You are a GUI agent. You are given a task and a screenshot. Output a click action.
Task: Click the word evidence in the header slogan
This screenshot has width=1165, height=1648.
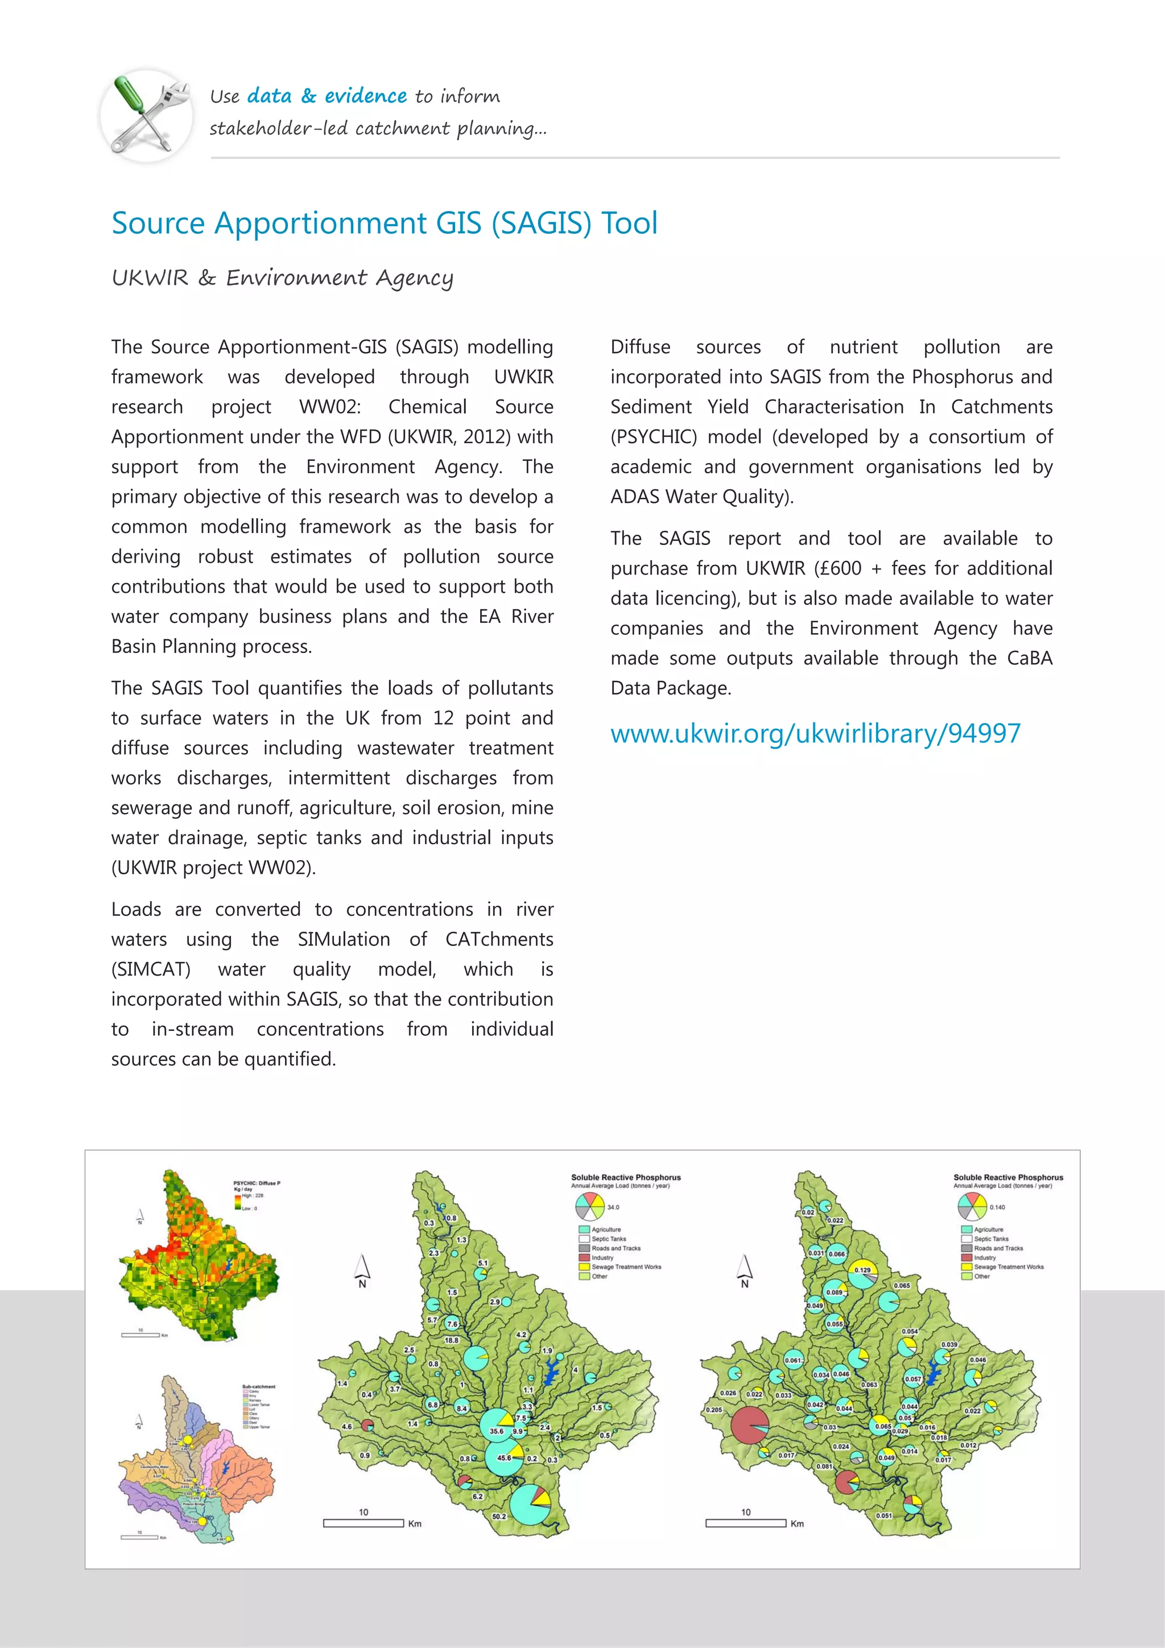click(365, 96)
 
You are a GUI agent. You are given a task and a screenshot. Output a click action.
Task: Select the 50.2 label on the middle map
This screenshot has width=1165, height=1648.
click(499, 1517)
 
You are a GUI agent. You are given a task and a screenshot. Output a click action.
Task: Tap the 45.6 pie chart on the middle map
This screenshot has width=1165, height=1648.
click(506, 1457)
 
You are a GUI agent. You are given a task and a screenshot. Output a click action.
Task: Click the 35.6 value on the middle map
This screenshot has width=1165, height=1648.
click(496, 1431)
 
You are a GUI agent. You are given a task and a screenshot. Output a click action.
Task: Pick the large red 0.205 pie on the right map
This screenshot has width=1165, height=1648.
click(749, 1425)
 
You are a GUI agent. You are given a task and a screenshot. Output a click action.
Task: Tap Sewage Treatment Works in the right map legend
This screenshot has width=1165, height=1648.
click(1008, 1267)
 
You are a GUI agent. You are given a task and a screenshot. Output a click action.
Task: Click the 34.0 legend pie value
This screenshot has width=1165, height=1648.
click(613, 1207)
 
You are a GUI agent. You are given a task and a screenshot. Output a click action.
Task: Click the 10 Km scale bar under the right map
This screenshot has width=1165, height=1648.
click(746, 1522)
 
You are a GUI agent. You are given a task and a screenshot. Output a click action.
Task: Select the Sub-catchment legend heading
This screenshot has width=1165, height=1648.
click(258, 1387)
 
